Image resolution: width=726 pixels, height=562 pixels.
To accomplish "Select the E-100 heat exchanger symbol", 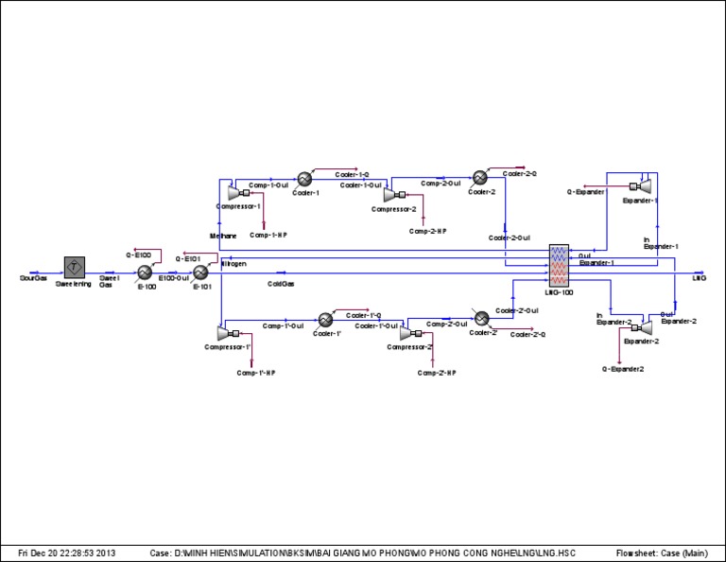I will pos(146,272).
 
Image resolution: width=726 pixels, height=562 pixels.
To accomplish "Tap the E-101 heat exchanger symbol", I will pos(201,272).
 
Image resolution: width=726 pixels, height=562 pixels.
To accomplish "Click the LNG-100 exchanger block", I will pos(562,266).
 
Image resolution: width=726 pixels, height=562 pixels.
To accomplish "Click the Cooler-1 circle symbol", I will pos(304,178).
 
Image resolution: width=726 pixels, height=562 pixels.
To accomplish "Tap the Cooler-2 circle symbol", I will pos(480,178).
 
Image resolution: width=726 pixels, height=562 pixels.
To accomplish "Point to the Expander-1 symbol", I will pos(647,185).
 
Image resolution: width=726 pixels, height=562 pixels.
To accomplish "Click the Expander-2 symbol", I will pos(647,326).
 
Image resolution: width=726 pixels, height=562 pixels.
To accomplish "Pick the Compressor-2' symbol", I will pos(408,334).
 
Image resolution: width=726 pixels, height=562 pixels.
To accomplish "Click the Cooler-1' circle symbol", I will pos(325,319).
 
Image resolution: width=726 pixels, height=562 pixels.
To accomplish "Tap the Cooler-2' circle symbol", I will pos(480,318).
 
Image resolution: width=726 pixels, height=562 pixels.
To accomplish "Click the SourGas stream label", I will pos(33,279).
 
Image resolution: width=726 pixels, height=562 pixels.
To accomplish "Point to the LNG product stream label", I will pos(700,278).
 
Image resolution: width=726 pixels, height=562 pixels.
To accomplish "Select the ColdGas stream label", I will pos(281,283).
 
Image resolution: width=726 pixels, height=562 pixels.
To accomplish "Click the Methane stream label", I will pos(222,234).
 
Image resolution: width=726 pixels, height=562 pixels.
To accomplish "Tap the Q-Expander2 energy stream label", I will pos(623,367).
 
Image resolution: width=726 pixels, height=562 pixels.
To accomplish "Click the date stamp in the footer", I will pos(67,552).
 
